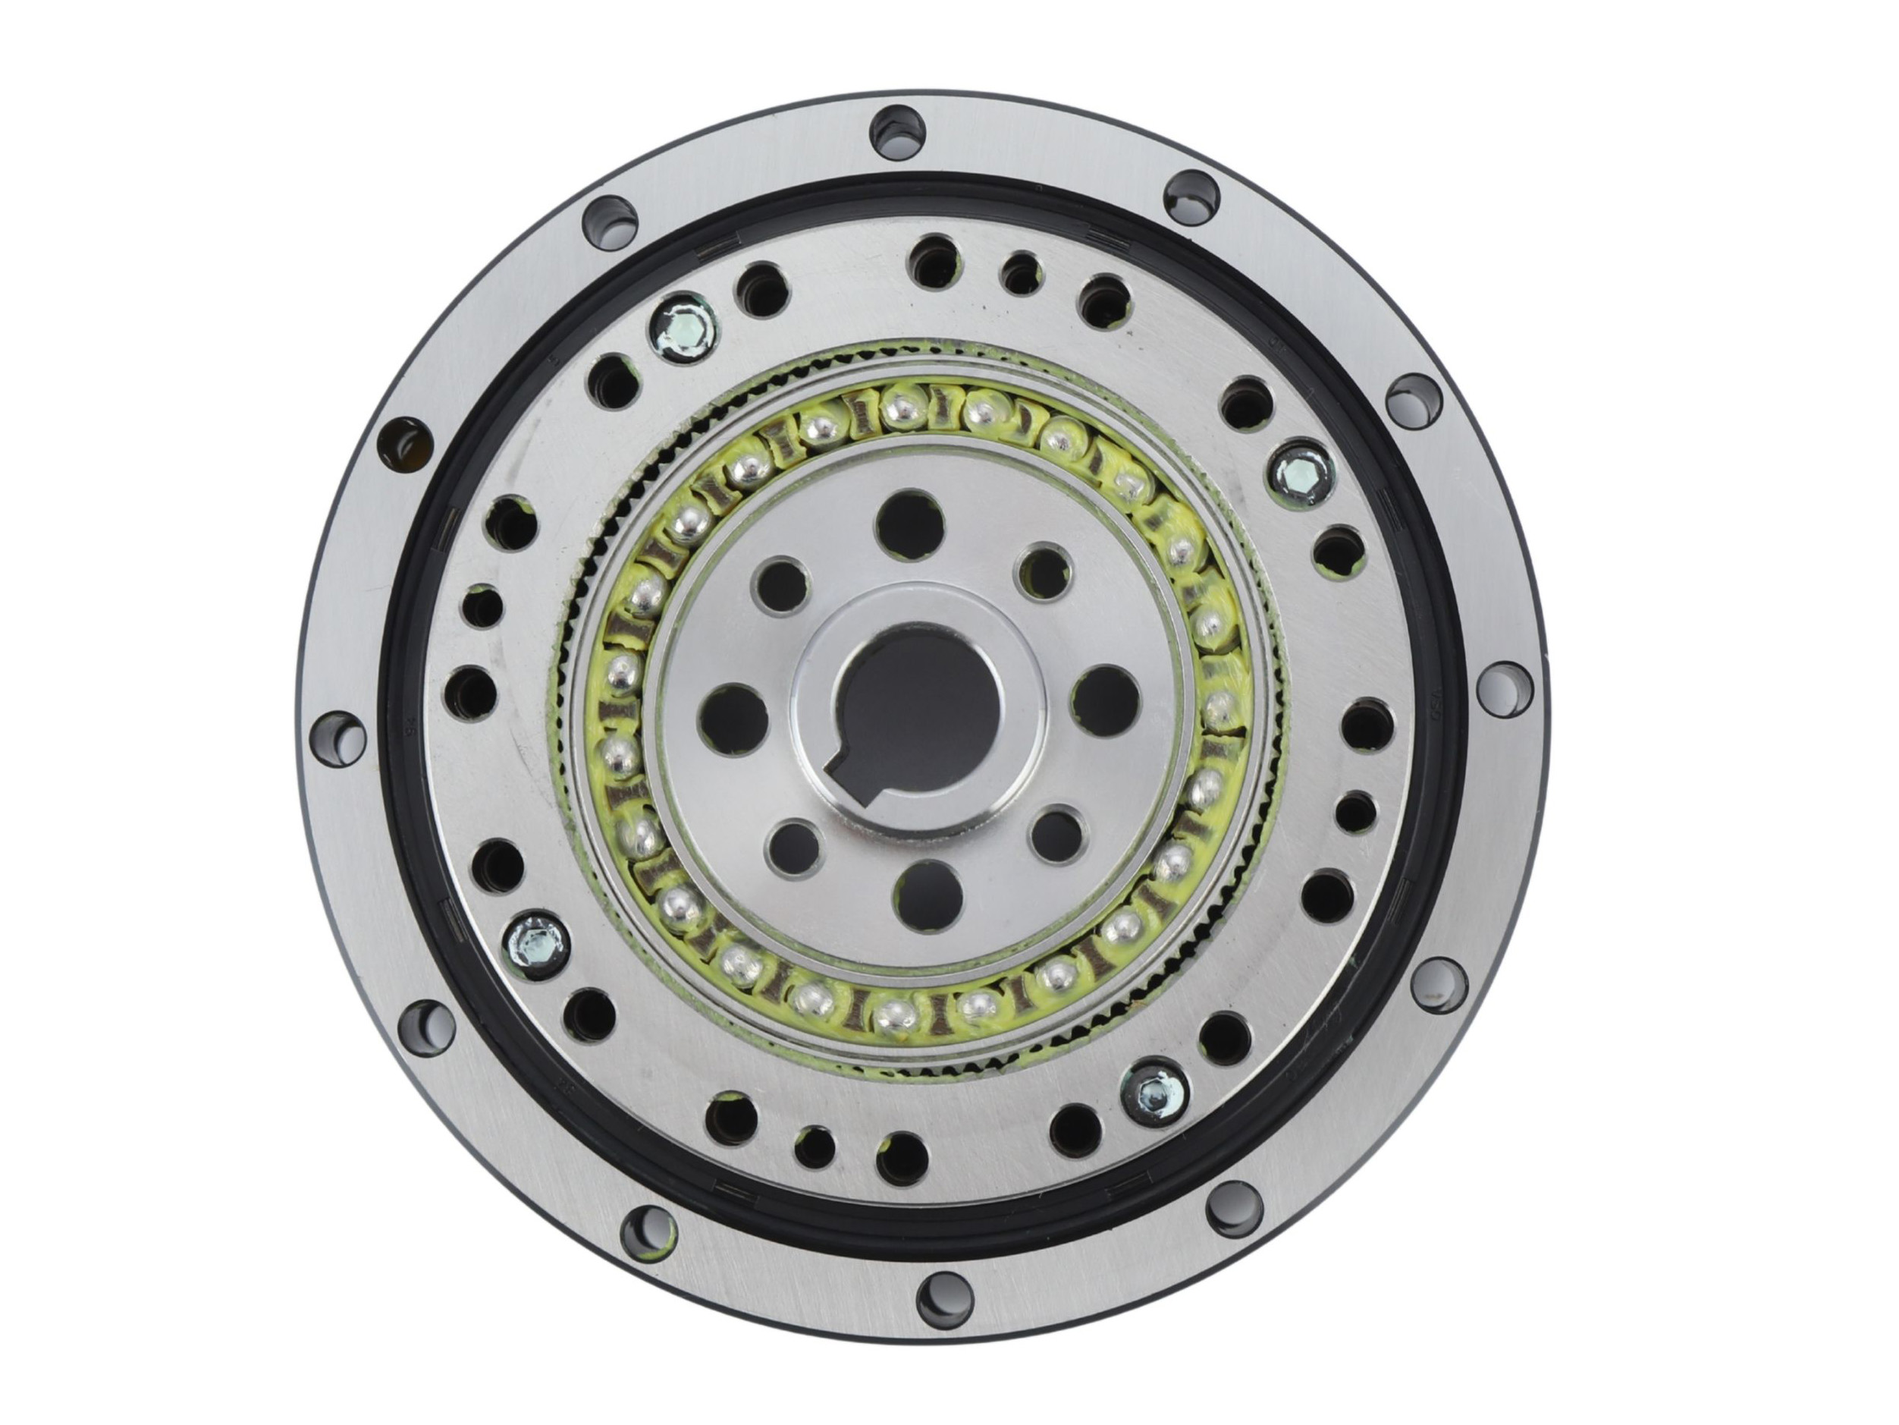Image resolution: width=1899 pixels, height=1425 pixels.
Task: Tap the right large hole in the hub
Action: [1105, 697]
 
